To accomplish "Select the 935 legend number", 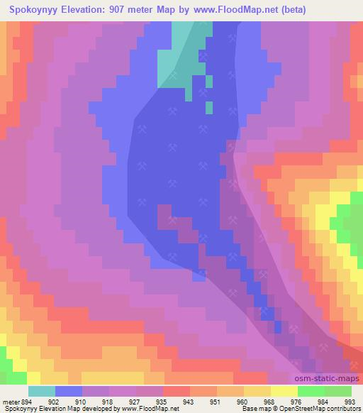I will point(161,401).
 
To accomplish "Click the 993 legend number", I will point(349,401).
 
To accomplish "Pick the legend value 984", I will point(323,401).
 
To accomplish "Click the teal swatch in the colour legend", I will point(42,391).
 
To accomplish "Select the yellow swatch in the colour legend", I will point(284,391).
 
